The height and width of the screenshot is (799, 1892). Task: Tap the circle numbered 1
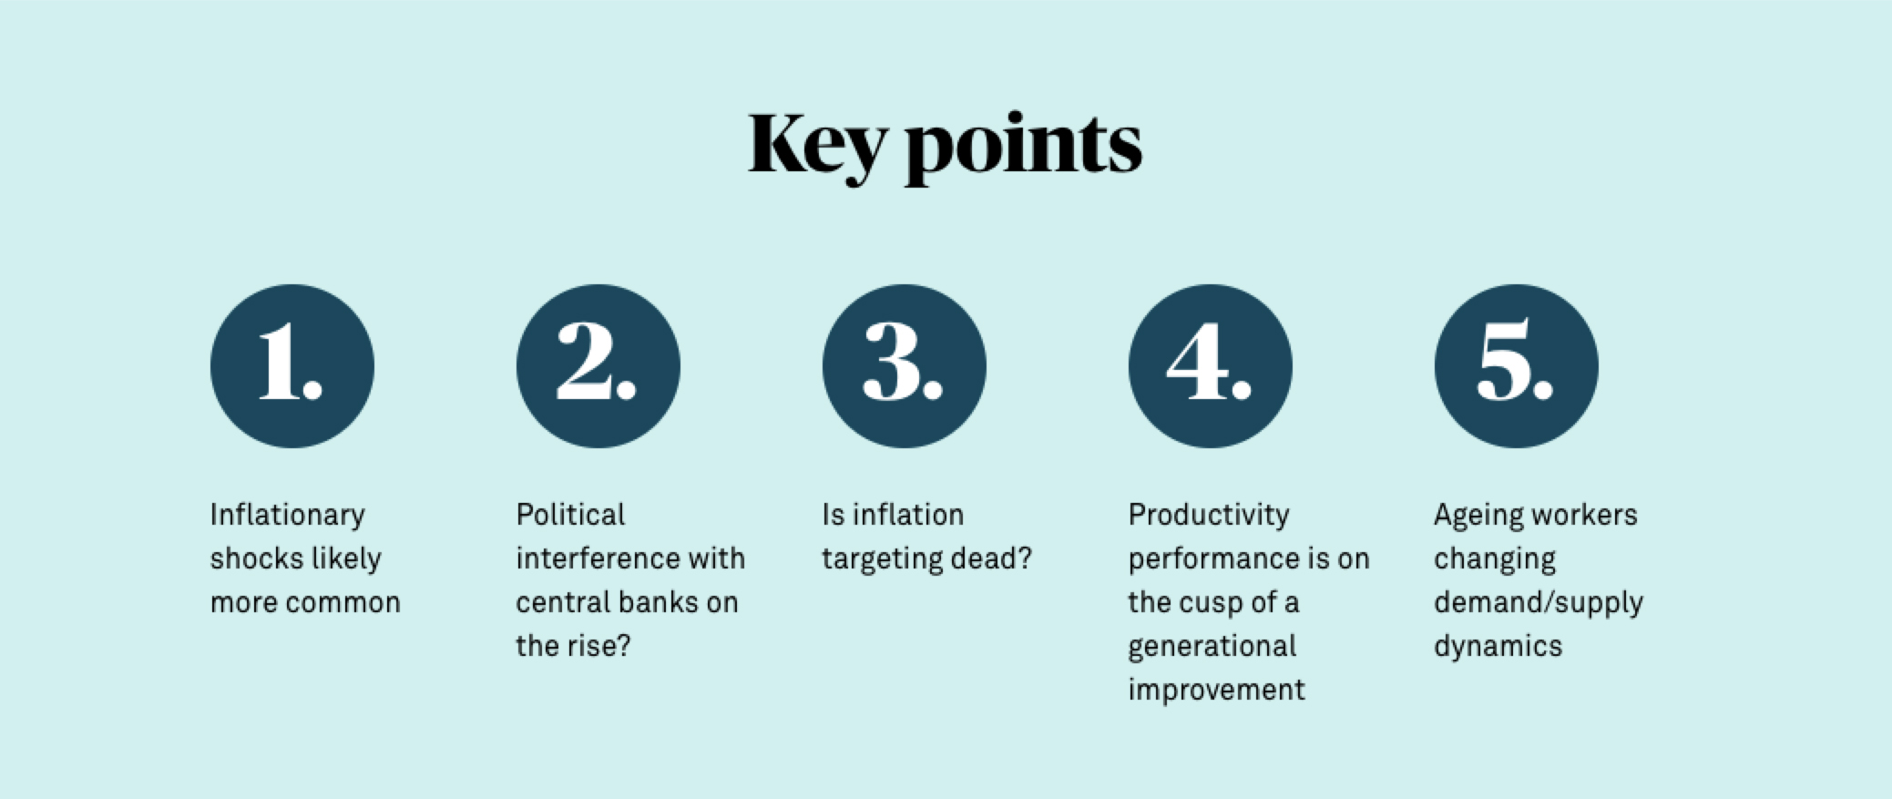pyautogui.click(x=291, y=366)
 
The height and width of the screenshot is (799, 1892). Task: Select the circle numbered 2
pyautogui.click(x=598, y=366)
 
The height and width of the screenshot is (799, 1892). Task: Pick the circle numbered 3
pyautogui.click(x=904, y=366)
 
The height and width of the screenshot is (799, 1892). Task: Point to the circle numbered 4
pyautogui.click(x=1210, y=366)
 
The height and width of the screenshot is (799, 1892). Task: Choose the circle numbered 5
pyautogui.click(x=1516, y=366)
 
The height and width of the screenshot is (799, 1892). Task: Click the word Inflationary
pyautogui.click(x=287, y=516)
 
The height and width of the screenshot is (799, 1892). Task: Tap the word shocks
pyautogui.click(x=256, y=558)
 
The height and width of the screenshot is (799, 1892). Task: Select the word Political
pyautogui.click(x=570, y=515)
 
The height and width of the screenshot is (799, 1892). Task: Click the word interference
pyautogui.click(x=598, y=558)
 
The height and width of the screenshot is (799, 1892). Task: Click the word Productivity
pyautogui.click(x=1209, y=516)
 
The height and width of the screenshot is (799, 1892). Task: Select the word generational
pyautogui.click(x=1212, y=647)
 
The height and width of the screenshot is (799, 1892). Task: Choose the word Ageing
pyautogui.click(x=1477, y=516)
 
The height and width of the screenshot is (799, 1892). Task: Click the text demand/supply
pyautogui.click(x=1539, y=603)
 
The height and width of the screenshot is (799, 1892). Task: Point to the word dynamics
pyautogui.click(x=1498, y=647)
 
